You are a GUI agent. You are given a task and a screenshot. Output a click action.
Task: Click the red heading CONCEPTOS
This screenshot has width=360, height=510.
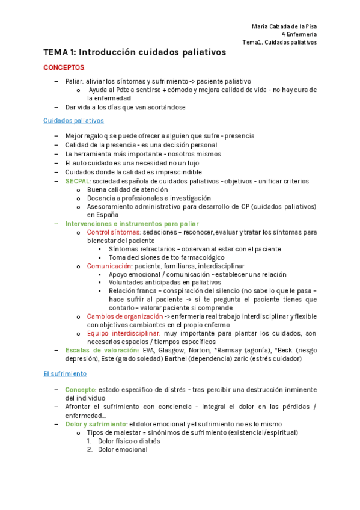pos(64,67)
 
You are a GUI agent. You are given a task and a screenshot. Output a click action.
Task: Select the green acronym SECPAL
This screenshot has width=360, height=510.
pos(78,181)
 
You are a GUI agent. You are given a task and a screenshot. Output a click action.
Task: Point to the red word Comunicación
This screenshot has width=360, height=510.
pos(110,265)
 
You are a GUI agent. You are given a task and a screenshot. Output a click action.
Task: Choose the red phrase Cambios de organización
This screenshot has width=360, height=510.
pos(124,316)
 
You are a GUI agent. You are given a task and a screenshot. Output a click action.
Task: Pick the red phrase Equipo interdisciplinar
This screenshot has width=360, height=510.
pos(123,333)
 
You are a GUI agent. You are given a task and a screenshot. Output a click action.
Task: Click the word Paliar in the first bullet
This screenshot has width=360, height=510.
pos(74,81)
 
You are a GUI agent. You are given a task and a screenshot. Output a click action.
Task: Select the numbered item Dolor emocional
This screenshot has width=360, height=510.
pos(123,449)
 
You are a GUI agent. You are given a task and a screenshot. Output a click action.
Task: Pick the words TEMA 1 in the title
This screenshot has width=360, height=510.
pos(58,52)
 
